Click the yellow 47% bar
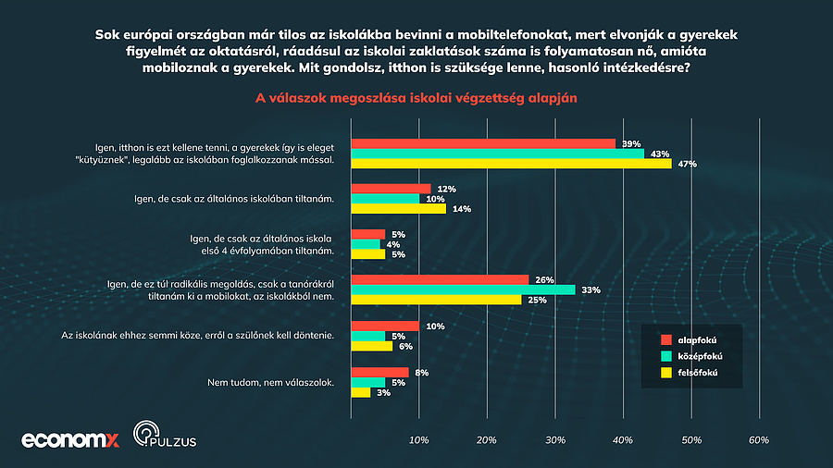pyautogui.click(x=511, y=164)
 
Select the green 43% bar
pyautogui.click(x=497, y=154)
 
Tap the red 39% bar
pyautogui.click(x=483, y=143)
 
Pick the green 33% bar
pyautogui.click(x=463, y=289)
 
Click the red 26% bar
pyautogui.click(x=440, y=279)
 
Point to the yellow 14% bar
pyautogui.click(x=398, y=209)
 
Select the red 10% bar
pyautogui.click(x=385, y=326)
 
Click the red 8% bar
pyautogui.click(x=379, y=372)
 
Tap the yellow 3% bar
pyautogui.click(x=361, y=392)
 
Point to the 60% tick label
pyautogui.click(x=759, y=440)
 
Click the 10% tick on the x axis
pyautogui.click(x=419, y=440)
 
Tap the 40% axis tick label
pyautogui.click(x=623, y=440)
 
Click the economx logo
pyautogui.click(x=70, y=439)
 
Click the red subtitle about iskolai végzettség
pyautogui.click(x=416, y=97)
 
